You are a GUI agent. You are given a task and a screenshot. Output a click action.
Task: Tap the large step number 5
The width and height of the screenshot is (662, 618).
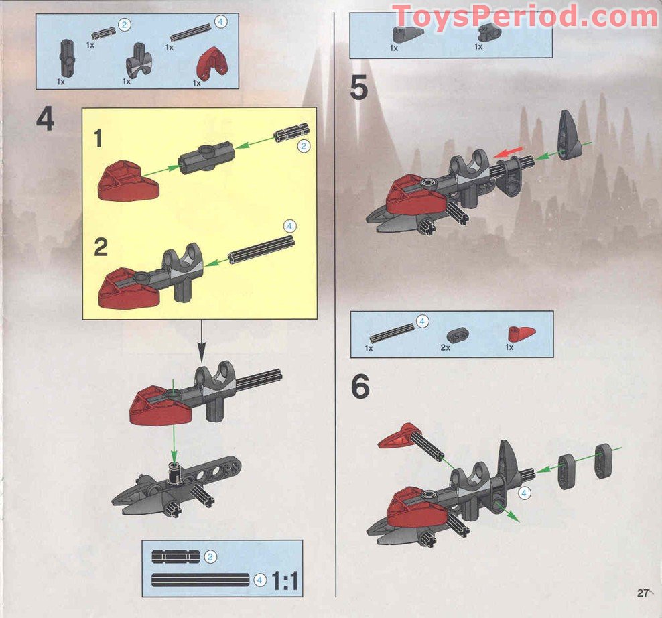[x=359, y=87]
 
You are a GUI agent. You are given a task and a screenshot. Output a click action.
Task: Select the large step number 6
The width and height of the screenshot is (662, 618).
[x=360, y=387]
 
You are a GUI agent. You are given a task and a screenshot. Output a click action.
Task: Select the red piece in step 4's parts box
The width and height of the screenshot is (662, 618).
[x=212, y=64]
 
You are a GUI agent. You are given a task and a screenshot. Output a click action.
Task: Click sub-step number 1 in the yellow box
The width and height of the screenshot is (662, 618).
[x=99, y=139]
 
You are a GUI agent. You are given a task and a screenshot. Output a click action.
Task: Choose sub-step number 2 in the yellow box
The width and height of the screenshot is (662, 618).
[x=101, y=247]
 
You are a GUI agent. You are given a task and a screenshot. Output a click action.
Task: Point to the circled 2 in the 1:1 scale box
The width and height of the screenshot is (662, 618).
[x=210, y=556]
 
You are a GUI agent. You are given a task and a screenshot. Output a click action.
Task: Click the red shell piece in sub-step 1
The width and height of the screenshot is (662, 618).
[x=129, y=179]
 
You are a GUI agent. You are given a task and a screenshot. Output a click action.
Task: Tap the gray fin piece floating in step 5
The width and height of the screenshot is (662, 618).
[x=568, y=133]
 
